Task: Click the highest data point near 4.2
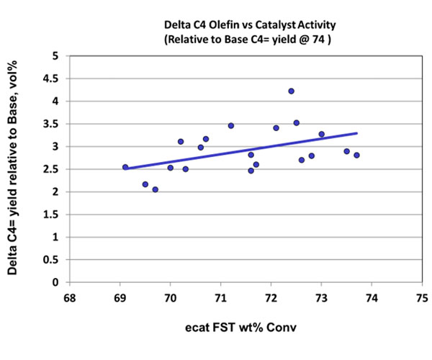291,91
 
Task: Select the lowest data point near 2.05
155,189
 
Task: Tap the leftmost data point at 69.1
125,167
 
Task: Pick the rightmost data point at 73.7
356,155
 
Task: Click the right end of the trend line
356,133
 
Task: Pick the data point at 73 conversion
321,134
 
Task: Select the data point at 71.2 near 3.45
230,125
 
